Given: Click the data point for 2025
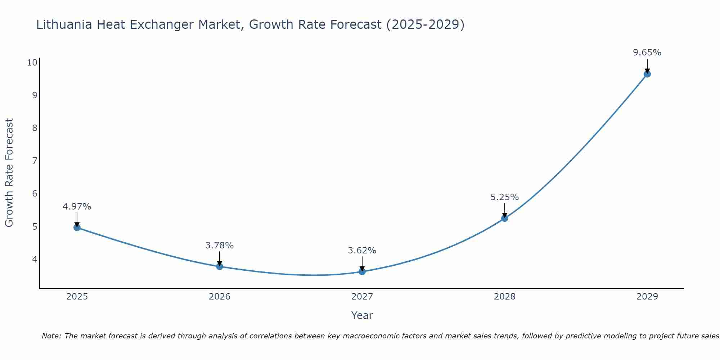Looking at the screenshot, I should tap(77, 228).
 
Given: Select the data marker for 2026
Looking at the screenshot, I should tap(220, 266).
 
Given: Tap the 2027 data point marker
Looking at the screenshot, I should tap(362, 271).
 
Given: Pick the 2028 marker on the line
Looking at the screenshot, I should tap(505, 218).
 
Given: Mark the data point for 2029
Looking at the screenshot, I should tap(647, 74).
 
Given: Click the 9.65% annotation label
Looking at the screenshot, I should tap(647, 53).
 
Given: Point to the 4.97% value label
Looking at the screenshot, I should tap(77, 207).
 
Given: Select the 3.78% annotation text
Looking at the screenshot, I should tap(220, 246).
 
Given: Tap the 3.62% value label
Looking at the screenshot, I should tap(362, 251).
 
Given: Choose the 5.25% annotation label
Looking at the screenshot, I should tap(505, 197).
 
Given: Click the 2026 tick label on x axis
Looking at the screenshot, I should tap(220, 297).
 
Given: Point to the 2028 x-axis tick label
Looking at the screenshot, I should tap(505, 297).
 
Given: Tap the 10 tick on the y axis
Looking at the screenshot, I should tap(32, 63).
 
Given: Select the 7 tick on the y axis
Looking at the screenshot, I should tap(35, 161).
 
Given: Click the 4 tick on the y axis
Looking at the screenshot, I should tap(35, 259).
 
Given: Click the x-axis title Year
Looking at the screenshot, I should tap(362, 315).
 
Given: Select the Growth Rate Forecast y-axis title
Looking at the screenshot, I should tap(9, 173).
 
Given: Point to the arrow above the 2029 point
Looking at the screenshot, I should tap(647, 66).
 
